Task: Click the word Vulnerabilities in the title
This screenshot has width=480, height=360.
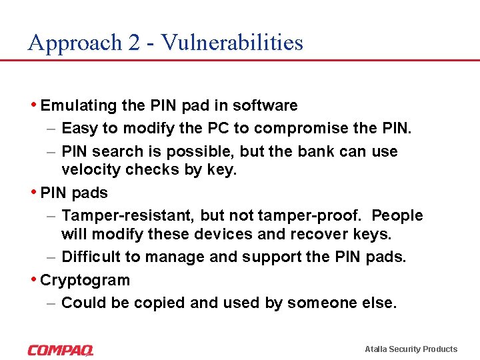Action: point(232,43)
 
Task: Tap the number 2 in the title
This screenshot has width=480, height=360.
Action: point(133,43)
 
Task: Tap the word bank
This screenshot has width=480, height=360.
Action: point(311,151)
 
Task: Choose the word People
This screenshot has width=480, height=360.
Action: point(397,215)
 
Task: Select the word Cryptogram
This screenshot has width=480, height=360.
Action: point(85,280)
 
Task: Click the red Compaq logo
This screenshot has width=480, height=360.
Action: point(61,349)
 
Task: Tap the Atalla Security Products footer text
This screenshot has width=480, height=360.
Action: point(411,349)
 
